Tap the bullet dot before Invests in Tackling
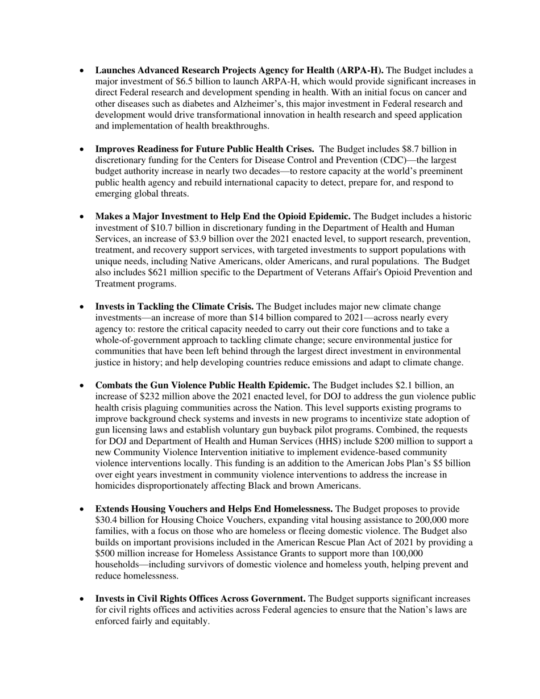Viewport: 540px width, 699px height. point(82,307)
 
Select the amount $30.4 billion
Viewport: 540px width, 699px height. point(122,520)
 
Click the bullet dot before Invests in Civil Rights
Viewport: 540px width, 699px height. point(82,599)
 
